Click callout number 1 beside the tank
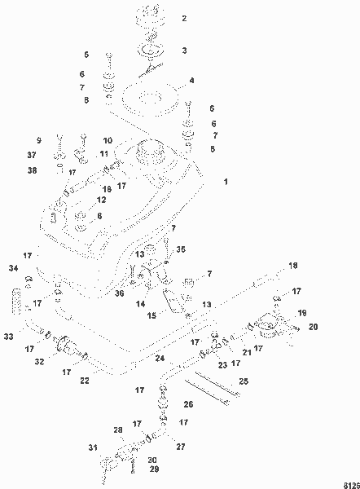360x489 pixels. point(226,181)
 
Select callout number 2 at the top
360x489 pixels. point(183,18)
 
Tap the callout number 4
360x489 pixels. point(191,81)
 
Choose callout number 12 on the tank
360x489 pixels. point(101,200)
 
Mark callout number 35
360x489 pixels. point(181,249)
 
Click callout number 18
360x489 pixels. point(294,266)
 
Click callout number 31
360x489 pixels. point(93,447)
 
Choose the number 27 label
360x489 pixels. point(180,447)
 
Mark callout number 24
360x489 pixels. point(160,359)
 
